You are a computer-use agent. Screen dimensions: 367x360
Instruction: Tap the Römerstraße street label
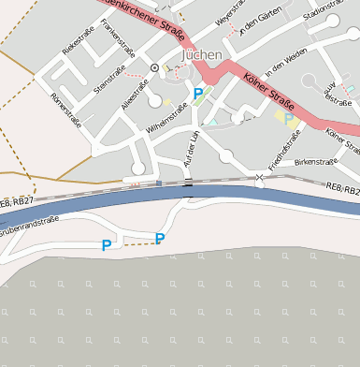point(67,111)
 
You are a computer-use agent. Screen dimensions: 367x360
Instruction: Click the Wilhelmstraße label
point(167,118)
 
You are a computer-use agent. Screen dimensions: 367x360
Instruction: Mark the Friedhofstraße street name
point(284,150)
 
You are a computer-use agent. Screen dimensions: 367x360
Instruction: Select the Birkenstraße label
point(315,162)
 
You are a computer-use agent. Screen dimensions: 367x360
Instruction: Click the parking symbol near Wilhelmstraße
point(197,94)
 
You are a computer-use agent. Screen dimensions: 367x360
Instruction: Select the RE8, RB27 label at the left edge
point(17,201)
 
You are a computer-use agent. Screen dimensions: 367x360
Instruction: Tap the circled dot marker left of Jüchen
point(155,67)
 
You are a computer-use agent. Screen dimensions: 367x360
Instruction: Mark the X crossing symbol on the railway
point(260,178)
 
